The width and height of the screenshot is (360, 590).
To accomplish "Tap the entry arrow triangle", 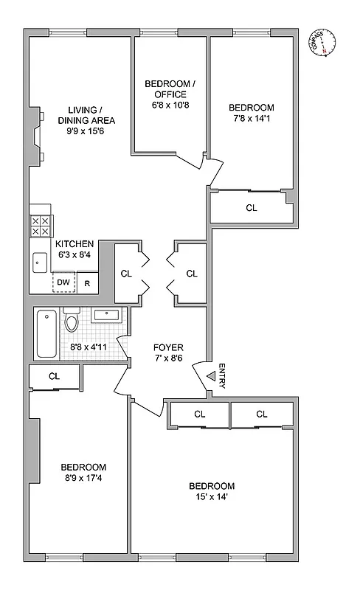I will pos(210,377).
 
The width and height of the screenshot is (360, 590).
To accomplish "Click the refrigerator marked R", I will pos(87,282).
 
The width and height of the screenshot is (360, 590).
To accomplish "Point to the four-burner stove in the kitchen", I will pos(40,225).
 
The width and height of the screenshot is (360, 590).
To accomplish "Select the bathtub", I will pos(46,334).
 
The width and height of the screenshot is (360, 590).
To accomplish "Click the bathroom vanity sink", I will pos(108,316).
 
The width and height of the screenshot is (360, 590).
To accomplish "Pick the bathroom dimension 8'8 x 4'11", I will pos(89,346).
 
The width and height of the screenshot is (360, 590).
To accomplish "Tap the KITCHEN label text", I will pos(75,244).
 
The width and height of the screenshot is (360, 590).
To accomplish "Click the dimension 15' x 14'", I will pos(212,498).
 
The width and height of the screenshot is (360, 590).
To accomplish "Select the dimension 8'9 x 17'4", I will pos(83,479).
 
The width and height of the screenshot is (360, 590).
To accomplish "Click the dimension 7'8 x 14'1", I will pos(251,119).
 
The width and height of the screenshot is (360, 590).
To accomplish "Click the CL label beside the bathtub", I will pos(54,376).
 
